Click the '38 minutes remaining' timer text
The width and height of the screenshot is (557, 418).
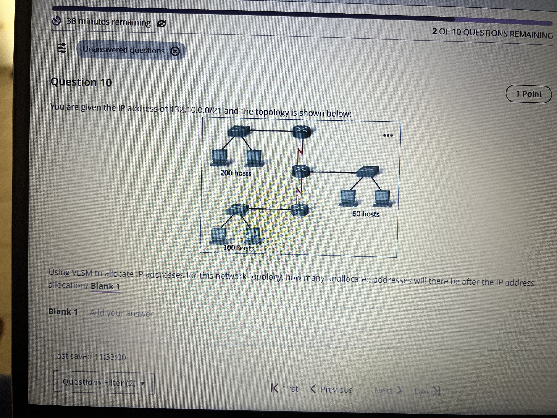point(109,22)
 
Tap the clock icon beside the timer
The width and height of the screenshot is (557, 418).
point(56,21)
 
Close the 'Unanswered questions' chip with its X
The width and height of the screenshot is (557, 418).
point(175,51)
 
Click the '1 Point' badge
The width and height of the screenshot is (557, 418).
point(529,94)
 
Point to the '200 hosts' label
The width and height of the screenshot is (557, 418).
point(236,173)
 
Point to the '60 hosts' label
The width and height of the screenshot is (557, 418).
point(366,214)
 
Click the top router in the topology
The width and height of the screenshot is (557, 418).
point(301,131)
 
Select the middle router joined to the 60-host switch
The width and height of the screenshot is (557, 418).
point(300,171)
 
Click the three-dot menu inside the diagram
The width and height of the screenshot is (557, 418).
point(388,136)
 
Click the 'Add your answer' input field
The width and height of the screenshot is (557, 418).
point(312,315)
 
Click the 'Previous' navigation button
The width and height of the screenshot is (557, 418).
point(332,390)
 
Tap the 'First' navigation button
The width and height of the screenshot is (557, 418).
point(285,389)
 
